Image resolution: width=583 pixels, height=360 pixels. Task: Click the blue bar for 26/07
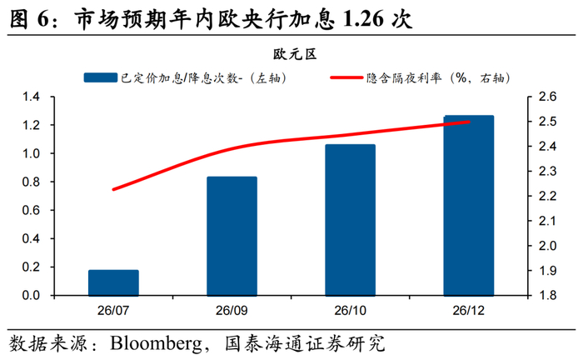coord(113,282)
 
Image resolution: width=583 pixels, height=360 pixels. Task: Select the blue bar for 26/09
coord(232,236)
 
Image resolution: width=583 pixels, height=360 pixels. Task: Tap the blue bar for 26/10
coord(351,220)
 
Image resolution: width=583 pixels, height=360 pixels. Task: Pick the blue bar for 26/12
coord(469,206)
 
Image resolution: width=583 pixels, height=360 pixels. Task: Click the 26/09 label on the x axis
coord(232,311)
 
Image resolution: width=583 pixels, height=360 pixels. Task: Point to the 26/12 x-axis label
coord(468,311)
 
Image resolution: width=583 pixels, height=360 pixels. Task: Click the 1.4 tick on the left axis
coord(31,97)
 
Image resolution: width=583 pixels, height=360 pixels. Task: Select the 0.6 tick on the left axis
coord(31,210)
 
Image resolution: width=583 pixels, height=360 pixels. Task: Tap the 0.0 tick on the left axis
coord(31,295)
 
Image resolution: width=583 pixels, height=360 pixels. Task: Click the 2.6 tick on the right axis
coord(547,97)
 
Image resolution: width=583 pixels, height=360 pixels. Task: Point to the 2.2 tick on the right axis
coord(547,196)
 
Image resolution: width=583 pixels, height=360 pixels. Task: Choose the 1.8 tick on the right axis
coord(547,295)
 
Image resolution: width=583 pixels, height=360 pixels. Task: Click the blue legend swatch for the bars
coord(101,77)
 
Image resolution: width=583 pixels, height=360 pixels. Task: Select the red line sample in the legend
coord(346,77)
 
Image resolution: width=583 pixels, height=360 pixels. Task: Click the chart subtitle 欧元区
coord(295,54)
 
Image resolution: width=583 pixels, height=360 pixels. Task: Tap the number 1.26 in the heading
coord(363,19)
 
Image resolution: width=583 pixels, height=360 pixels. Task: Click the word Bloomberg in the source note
coord(157,343)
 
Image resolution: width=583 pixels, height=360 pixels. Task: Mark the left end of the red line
coord(113,189)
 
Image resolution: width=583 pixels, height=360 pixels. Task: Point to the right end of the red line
coord(469,122)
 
